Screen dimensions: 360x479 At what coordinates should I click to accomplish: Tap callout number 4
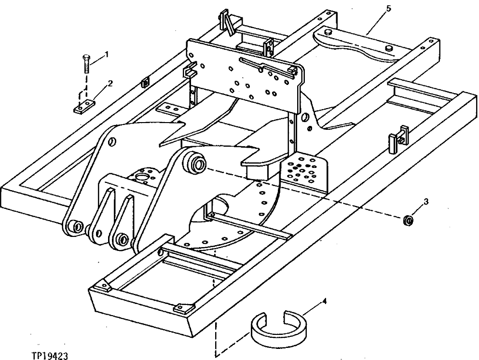click(324, 302)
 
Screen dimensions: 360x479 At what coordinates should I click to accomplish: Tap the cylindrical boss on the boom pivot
click(196, 164)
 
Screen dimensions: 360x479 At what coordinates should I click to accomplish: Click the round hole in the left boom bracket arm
click(111, 142)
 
